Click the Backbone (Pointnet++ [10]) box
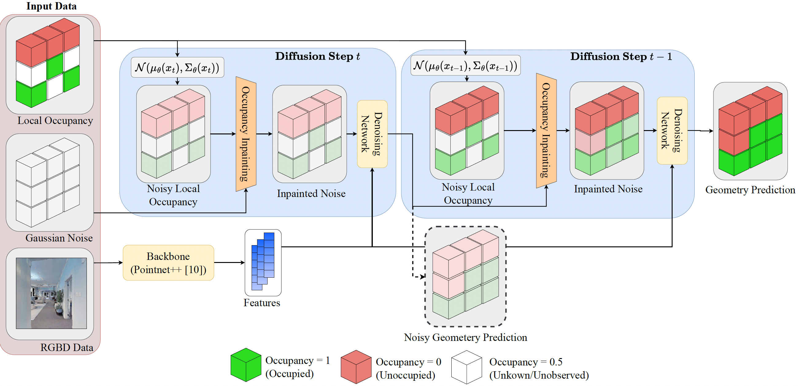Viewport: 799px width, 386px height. [168, 263]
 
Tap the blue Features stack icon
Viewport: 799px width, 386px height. [263, 261]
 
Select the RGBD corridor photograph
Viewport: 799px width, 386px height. [51, 293]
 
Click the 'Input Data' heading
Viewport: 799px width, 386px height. [52, 6]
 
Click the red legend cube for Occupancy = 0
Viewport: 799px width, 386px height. [356, 367]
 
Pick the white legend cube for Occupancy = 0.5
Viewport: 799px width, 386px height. [466, 367]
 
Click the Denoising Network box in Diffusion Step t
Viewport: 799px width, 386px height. [372, 134]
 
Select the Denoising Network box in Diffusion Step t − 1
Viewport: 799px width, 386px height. [672, 130]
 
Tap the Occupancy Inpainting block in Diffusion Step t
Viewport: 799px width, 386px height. [246, 134]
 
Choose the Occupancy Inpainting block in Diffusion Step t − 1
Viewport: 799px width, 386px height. [546, 130]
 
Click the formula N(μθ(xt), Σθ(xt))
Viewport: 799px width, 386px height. [177, 67]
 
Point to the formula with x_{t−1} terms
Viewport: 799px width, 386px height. [465, 65]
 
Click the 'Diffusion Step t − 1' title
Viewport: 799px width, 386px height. [621, 56]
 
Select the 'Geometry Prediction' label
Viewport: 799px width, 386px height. [750, 190]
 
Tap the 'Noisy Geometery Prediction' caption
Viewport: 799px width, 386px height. [465, 337]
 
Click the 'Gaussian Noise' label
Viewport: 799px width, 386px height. [59, 238]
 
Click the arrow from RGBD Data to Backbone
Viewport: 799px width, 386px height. [108, 263]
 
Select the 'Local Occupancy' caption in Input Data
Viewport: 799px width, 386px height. [55, 120]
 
